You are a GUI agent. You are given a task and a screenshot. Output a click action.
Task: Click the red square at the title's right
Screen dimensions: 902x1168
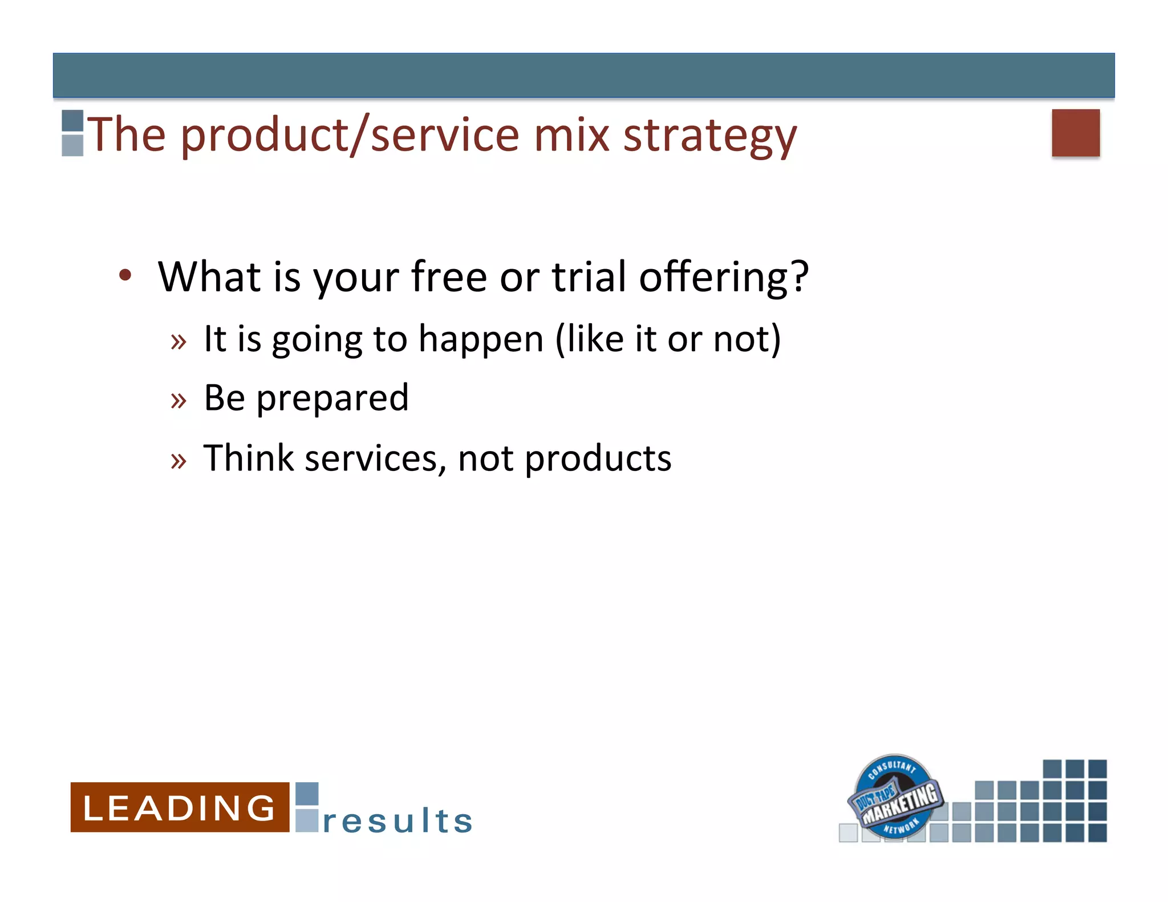1075,133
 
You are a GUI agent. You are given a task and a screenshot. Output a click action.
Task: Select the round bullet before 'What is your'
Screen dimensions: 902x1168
125,275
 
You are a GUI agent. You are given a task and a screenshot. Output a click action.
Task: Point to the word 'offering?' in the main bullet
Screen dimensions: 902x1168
723,277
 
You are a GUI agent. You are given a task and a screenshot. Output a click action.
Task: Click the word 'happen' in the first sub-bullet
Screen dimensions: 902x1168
481,339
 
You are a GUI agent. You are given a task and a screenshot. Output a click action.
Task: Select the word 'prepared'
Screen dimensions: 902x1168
332,398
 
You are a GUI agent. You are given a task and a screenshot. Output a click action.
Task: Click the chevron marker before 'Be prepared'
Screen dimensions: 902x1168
179,401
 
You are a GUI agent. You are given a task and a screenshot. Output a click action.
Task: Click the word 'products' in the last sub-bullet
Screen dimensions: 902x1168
598,458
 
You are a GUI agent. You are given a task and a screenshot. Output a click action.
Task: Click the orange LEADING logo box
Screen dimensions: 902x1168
180,807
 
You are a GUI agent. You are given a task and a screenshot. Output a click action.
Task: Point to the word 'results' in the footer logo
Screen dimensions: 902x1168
398,821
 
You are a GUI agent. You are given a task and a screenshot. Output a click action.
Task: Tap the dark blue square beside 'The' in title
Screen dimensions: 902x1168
72,121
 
